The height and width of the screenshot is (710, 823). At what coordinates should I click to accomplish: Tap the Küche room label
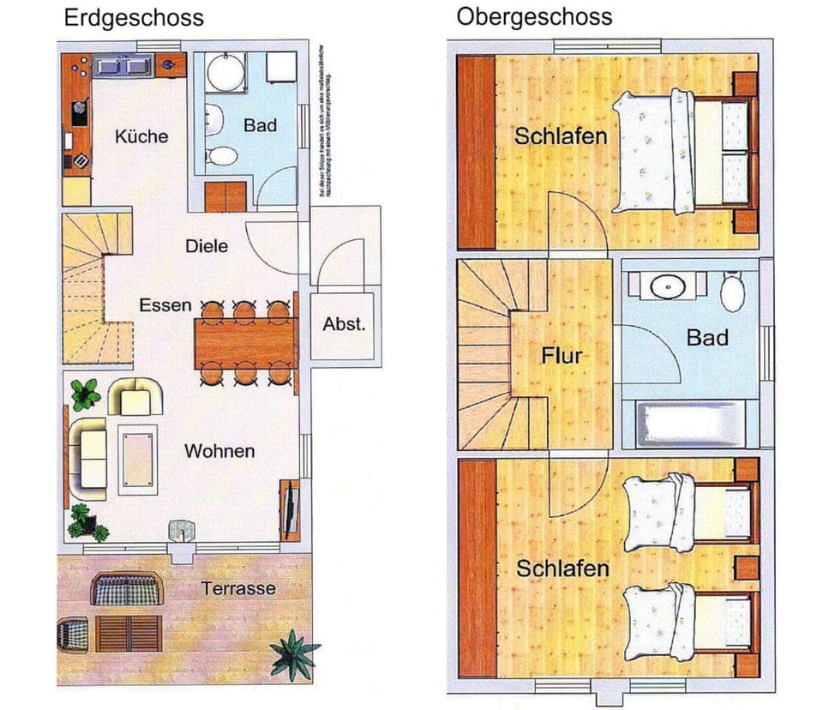pyautogui.click(x=141, y=136)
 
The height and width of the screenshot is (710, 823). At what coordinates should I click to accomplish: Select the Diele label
pyautogui.click(x=207, y=246)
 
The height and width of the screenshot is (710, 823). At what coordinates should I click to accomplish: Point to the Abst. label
pyautogui.click(x=344, y=325)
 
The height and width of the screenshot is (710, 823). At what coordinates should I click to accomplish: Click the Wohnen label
pyautogui.click(x=219, y=451)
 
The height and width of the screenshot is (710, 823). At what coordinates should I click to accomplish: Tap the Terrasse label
pyautogui.click(x=239, y=588)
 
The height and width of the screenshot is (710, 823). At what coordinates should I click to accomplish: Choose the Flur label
pyautogui.click(x=562, y=355)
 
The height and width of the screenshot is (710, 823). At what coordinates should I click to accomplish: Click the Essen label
pyautogui.click(x=165, y=305)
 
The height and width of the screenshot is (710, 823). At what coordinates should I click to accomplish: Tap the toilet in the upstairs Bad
pyautogui.click(x=733, y=292)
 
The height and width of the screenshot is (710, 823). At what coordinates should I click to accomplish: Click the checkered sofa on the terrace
pyautogui.click(x=129, y=589)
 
